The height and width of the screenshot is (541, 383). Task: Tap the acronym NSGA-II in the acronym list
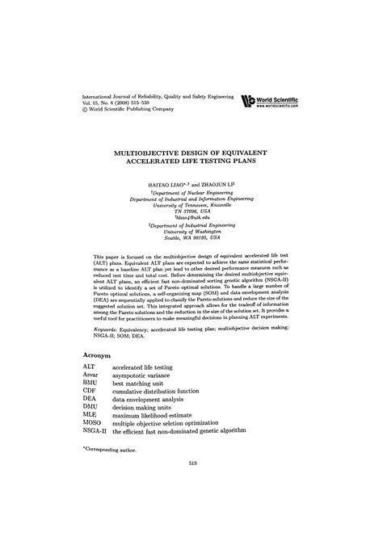click(95, 432)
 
